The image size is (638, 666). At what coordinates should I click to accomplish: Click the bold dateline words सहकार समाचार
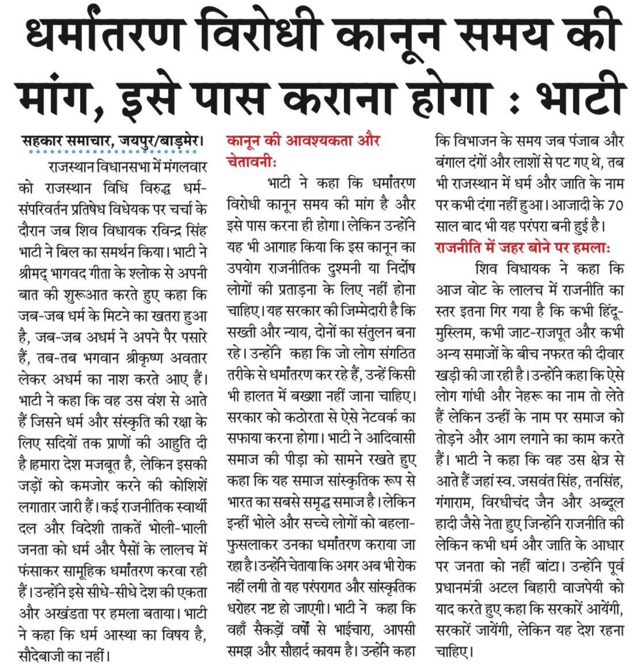coord(69,140)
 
